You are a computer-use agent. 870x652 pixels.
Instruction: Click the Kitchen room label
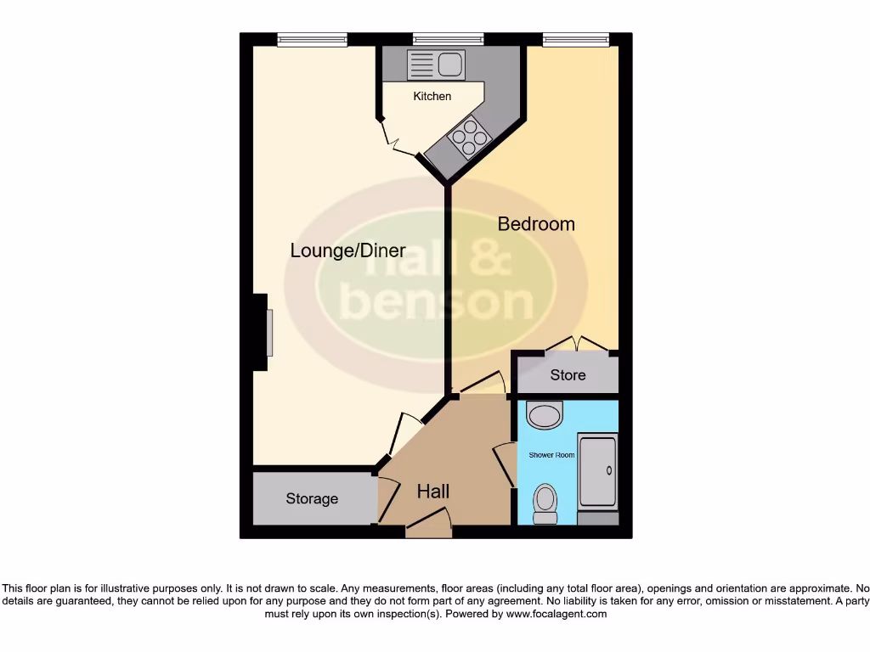click(x=432, y=96)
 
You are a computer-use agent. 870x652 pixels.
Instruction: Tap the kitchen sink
click(x=436, y=65)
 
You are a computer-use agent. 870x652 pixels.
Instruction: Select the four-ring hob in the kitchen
click(x=469, y=138)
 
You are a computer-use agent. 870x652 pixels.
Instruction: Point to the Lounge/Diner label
click(x=347, y=250)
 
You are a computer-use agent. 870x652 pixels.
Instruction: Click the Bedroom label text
click(x=535, y=224)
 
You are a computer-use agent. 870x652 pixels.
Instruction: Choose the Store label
click(x=568, y=374)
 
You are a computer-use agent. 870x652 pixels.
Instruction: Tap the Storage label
click(x=312, y=498)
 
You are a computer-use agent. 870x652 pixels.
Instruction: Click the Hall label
click(x=432, y=491)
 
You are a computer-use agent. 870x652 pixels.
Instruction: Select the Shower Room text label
click(x=551, y=455)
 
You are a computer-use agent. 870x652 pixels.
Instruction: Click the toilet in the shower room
click(x=545, y=503)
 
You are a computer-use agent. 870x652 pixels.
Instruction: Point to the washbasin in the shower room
click(x=545, y=414)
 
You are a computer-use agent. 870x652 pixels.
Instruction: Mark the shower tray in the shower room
click(x=597, y=471)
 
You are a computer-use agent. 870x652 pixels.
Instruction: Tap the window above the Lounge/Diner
click(x=312, y=39)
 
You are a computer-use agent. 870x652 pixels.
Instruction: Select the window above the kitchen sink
click(x=448, y=39)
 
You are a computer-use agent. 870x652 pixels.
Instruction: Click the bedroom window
click(x=576, y=39)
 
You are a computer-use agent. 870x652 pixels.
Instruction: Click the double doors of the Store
click(x=577, y=344)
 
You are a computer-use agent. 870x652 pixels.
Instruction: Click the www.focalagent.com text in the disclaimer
click(x=556, y=614)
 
